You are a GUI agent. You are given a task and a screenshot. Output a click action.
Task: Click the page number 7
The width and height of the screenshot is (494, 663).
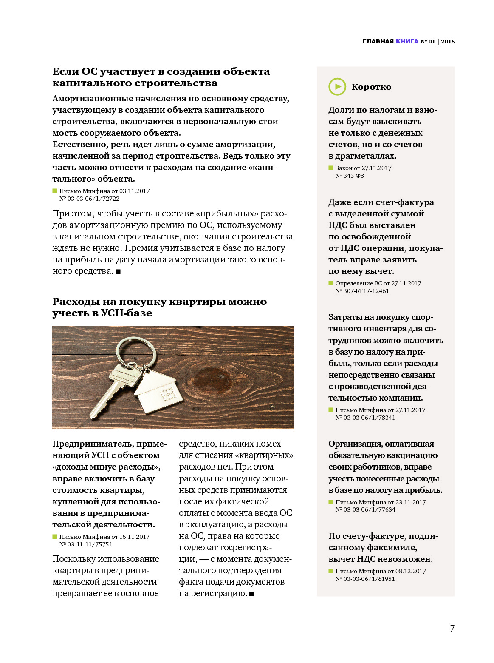(452, 628)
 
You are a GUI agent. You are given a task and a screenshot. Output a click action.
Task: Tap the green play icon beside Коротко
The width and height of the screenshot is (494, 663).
(337, 87)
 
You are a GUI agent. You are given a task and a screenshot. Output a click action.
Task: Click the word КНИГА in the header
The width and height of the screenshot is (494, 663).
(407, 41)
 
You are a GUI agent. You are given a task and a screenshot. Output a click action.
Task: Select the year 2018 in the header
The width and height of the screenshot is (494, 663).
(448, 41)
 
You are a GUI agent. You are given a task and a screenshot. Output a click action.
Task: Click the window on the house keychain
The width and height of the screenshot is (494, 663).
(168, 395)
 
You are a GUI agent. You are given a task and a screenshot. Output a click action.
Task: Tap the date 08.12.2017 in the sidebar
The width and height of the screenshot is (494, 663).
(410, 571)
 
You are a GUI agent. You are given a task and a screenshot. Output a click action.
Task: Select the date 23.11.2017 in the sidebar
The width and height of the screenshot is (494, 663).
(410, 502)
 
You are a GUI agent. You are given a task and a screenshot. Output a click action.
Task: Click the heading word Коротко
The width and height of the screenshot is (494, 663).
(371, 87)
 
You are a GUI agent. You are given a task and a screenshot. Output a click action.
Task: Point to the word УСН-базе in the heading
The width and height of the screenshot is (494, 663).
(126, 313)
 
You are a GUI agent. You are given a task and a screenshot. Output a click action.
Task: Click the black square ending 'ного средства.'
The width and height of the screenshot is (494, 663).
(119, 272)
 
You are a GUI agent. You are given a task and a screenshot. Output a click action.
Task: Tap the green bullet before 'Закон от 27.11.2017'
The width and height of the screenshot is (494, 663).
(331, 168)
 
